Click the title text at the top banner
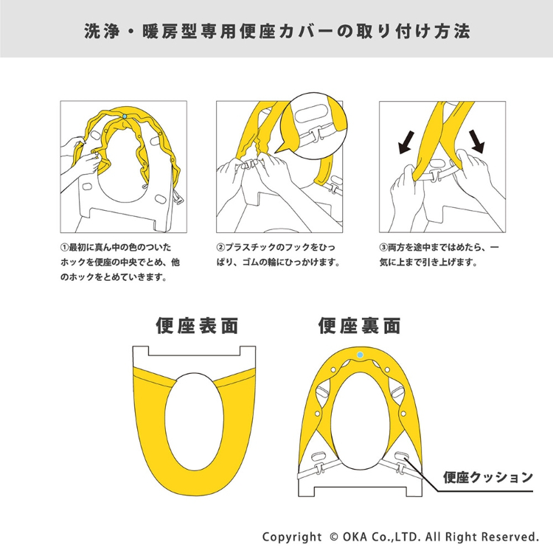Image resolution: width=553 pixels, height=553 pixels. [276, 32]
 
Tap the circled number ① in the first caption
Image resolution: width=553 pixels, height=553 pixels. [64, 248]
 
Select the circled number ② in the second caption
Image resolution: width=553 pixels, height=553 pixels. [220, 248]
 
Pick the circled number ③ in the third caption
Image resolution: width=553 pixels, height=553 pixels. [383, 248]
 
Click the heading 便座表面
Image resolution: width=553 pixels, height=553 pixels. [197, 325]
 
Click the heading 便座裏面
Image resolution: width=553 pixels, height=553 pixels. [359, 325]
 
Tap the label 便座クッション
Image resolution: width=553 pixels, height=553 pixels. [488, 477]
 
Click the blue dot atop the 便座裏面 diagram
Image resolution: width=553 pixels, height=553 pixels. [359, 355]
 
